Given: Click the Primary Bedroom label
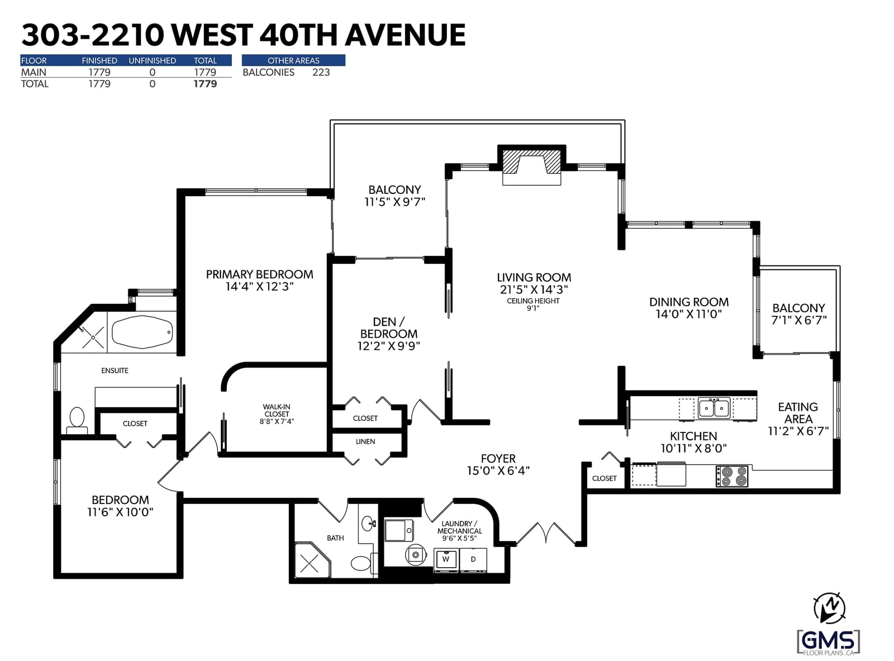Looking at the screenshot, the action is pyautogui.click(x=259, y=274).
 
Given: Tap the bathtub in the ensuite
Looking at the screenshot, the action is pyautogui.click(x=142, y=332).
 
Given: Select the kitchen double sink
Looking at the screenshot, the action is pyautogui.click(x=714, y=408).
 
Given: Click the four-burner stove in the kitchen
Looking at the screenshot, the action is pyautogui.click(x=731, y=476).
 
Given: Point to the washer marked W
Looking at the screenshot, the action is pyautogui.click(x=446, y=560).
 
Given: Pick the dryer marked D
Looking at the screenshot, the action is pyautogui.click(x=473, y=560).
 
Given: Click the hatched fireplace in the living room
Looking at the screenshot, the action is pyautogui.click(x=531, y=162).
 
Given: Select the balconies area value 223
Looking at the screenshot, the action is pyautogui.click(x=321, y=73).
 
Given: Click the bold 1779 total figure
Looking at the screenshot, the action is pyautogui.click(x=205, y=84).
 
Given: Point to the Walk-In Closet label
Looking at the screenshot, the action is pyautogui.click(x=277, y=414).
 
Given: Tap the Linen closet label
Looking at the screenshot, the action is pyautogui.click(x=365, y=442).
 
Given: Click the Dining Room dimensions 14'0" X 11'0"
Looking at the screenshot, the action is pyautogui.click(x=688, y=314).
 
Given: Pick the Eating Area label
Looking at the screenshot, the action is pyautogui.click(x=798, y=413).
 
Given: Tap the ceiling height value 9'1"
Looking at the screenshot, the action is pyautogui.click(x=533, y=308).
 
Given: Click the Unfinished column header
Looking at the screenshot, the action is pyautogui.click(x=153, y=61).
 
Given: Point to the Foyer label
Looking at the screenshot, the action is pyautogui.click(x=498, y=459).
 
